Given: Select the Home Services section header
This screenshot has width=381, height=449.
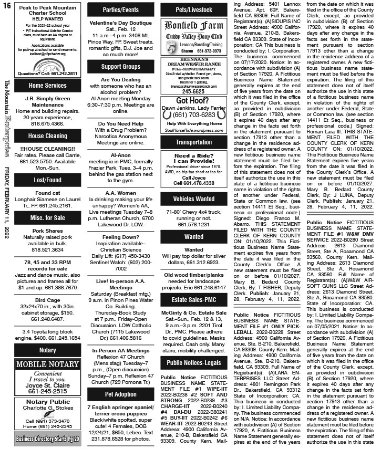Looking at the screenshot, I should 48,85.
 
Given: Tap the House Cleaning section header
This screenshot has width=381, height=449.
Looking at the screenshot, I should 48,136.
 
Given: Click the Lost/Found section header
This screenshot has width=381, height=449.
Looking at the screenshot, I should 48,180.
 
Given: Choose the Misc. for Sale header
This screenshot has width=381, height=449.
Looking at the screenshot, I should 48,218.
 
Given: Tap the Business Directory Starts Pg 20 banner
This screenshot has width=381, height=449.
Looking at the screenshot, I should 48,438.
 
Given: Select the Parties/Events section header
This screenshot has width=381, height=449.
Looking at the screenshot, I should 120,9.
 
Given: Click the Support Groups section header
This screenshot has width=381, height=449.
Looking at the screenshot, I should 120,67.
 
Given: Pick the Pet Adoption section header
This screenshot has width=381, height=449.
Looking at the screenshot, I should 120,393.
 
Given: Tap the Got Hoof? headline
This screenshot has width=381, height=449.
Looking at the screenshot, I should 194,101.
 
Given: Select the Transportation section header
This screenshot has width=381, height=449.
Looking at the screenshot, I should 194,142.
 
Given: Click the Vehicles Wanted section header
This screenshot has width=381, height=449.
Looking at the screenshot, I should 194,199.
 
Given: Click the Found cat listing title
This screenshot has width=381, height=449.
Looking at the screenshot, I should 48,193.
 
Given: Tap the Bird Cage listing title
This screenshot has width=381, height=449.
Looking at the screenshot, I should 48,299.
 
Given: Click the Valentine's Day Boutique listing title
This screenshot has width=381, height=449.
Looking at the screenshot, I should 120,24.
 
